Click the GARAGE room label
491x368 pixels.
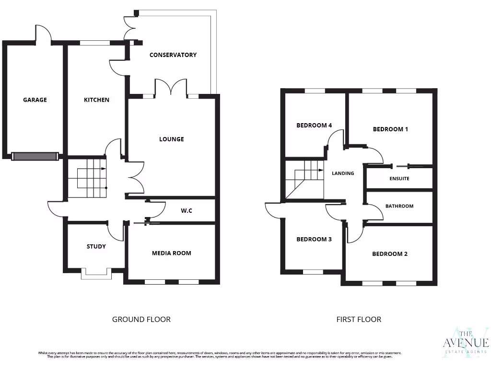point(35,100)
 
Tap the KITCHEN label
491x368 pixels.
point(96,100)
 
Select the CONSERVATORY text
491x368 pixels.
point(173,55)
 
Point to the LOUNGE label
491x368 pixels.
point(171,139)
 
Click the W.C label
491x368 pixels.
point(187,210)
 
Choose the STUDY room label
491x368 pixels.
point(96,246)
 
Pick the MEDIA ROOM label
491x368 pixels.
point(171,253)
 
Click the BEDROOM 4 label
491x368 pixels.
point(314,126)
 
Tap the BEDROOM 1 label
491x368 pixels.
point(390,129)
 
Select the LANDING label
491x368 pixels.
point(343,173)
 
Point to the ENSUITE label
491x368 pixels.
point(399,178)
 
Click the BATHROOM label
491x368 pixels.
point(399,206)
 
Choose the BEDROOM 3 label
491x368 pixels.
point(314,239)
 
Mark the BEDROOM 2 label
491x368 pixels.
point(389,253)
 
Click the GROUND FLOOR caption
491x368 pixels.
point(141,319)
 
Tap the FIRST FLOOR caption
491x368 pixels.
point(359,319)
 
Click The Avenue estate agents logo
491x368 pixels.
point(465,341)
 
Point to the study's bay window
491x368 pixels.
point(96,273)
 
